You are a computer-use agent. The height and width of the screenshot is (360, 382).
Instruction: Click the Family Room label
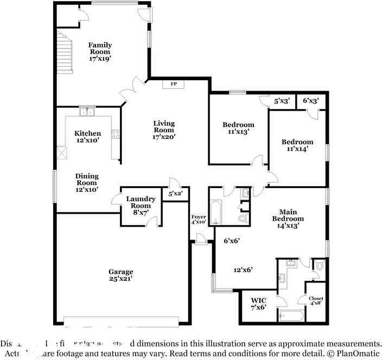click(100, 52)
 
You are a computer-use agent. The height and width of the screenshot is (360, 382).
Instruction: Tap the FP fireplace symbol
click(174, 84)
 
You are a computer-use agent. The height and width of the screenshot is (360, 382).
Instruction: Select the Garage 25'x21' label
click(120, 275)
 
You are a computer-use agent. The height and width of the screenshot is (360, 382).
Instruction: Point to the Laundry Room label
click(141, 202)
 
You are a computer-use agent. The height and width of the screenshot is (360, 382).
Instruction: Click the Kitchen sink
click(87, 112)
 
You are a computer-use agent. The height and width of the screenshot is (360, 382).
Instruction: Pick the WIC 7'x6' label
click(258, 304)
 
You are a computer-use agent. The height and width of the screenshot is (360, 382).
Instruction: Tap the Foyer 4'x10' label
click(199, 219)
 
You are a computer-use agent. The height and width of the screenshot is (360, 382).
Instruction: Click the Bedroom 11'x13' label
click(238, 128)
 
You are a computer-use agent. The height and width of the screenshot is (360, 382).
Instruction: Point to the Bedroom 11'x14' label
click(297, 145)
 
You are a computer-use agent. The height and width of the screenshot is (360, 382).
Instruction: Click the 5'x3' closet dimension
click(282, 101)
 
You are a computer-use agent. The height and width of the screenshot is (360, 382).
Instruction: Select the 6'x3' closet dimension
click(310, 101)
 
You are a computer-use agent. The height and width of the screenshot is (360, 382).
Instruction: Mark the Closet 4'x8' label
click(316, 301)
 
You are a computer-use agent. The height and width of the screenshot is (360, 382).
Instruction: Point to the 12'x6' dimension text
click(243, 269)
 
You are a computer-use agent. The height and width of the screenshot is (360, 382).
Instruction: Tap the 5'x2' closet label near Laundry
click(175, 194)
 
